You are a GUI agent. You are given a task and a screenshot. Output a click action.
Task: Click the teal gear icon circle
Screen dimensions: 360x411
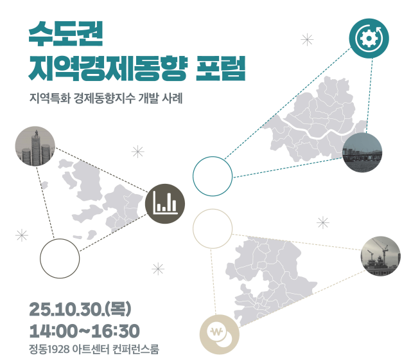click(369, 37)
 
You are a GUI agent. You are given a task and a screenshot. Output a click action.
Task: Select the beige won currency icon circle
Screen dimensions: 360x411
click(219, 333)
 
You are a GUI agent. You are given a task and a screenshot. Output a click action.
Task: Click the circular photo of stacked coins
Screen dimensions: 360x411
click(35, 147)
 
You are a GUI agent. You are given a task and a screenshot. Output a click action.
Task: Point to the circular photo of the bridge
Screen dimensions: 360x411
click(362, 153)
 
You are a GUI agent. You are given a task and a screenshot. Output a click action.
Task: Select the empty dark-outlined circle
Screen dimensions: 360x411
click(60, 258)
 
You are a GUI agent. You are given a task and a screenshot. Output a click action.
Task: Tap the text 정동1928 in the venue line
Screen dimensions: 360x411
click(50, 350)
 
